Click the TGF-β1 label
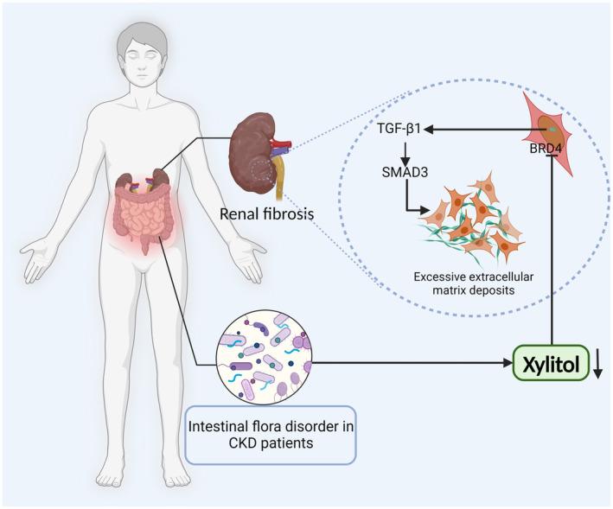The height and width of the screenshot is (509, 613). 401,129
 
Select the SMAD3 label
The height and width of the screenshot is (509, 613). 400,170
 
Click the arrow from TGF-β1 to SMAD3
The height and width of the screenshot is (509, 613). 400,149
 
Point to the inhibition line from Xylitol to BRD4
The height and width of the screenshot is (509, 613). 552,251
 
